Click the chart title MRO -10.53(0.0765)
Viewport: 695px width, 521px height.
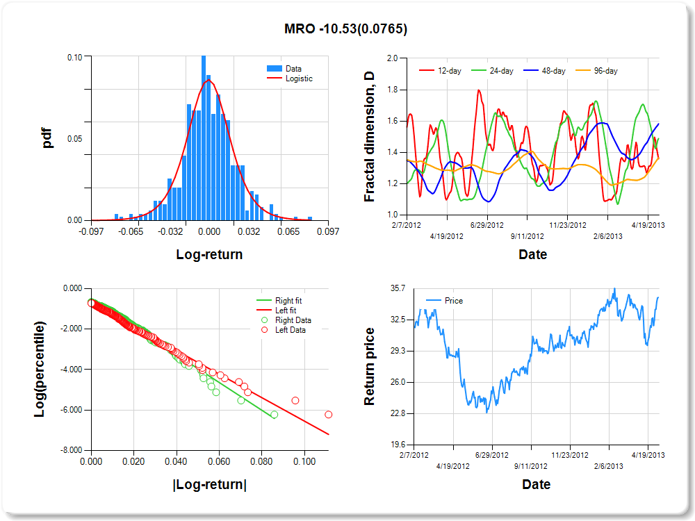click(x=345, y=28)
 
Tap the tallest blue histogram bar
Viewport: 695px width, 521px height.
click(x=204, y=139)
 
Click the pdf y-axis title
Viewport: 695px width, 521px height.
click(x=47, y=138)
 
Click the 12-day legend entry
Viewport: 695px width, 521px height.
click(x=445, y=71)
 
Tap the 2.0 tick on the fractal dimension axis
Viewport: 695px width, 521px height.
click(x=391, y=58)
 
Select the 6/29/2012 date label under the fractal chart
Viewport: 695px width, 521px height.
click(x=486, y=225)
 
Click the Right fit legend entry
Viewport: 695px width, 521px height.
click(x=288, y=301)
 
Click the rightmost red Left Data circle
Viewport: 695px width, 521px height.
click(x=328, y=415)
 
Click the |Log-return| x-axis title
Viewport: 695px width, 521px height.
click(x=208, y=485)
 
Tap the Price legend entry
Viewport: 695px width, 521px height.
click(x=453, y=301)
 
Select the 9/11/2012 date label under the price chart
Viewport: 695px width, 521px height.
click(x=530, y=466)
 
